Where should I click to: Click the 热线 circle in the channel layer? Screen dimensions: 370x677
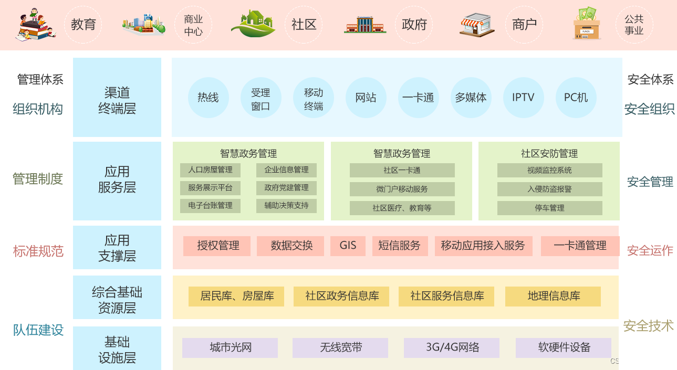(x=208, y=98)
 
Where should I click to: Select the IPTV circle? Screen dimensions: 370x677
(x=523, y=98)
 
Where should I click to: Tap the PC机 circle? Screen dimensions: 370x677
(x=576, y=98)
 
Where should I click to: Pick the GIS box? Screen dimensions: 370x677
(x=348, y=246)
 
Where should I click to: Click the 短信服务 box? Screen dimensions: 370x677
(x=400, y=246)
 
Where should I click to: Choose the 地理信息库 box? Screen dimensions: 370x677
(x=554, y=296)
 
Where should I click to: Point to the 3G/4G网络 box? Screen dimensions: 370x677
(x=452, y=347)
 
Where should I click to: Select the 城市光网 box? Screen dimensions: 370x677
(x=230, y=347)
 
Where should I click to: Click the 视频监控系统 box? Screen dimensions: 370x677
(x=549, y=170)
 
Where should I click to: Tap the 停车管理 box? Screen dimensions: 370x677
(x=549, y=208)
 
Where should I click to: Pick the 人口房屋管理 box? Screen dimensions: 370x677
(x=210, y=170)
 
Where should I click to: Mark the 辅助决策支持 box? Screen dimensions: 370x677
(x=286, y=205)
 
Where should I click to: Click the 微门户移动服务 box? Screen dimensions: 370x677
(x=402, y=189)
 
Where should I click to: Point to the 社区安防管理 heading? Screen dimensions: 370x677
(x=549, y=153)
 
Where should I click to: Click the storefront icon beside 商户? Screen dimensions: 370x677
(x=477, y=25)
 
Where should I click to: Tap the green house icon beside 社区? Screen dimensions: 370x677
(x=253, y=24)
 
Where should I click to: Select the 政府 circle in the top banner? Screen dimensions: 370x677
(x=414, y=25)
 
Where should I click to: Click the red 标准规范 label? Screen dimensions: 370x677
(x=38, y=251)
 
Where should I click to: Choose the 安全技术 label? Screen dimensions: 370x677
(x=648, y=326)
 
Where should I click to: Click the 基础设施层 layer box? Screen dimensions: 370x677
(x=117, y=350)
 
